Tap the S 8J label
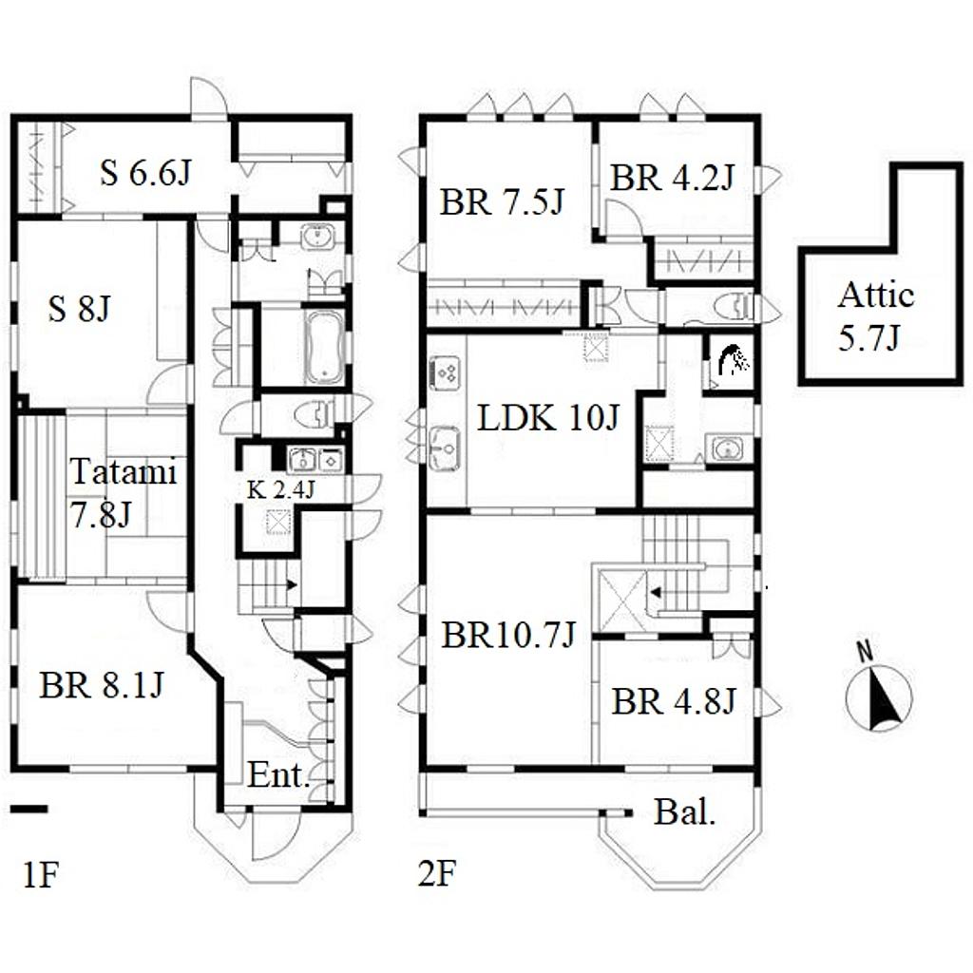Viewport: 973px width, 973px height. pos(79,308)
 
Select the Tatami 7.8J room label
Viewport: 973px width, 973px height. pos(123,493)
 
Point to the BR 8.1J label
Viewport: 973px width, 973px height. pos(101,686)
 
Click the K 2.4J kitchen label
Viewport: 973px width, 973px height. pos(281,489)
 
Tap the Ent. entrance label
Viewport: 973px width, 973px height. pos(278,775)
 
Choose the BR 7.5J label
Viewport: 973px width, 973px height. pos(502,202)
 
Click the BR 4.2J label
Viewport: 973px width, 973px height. pos(672,178)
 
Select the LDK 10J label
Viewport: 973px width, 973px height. pos(548,418)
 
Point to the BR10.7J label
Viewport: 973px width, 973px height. pos(507,635)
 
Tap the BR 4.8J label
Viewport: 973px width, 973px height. pos(674,702)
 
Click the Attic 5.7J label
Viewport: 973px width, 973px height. pos(875,316)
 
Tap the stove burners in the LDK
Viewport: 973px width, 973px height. pos(445,373)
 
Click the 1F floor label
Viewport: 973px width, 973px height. pos(40,874)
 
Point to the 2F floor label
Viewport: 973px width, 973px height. pos(437,874)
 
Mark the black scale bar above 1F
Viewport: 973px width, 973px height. pos(29,809)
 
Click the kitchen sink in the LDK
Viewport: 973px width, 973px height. pos(445,448)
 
